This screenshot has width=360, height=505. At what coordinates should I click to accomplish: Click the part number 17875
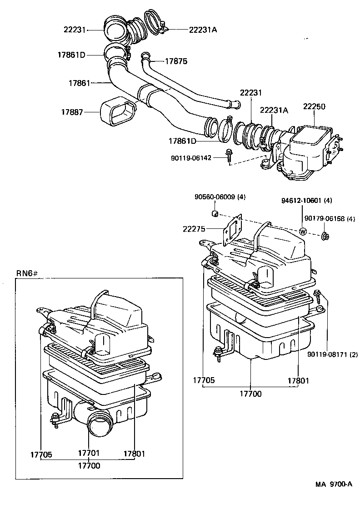pos(175,61)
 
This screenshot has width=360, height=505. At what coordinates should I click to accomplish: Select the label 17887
pos(73,111)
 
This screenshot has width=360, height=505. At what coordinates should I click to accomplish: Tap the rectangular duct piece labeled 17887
pos(117,112)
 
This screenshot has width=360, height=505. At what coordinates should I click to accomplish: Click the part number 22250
pos(314,106)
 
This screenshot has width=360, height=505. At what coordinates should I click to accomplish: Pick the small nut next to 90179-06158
pos(325,236)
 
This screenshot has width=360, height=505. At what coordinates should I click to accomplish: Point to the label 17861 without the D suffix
pos(80,83)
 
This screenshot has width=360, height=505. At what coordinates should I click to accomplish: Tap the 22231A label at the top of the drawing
pos(203,30)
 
